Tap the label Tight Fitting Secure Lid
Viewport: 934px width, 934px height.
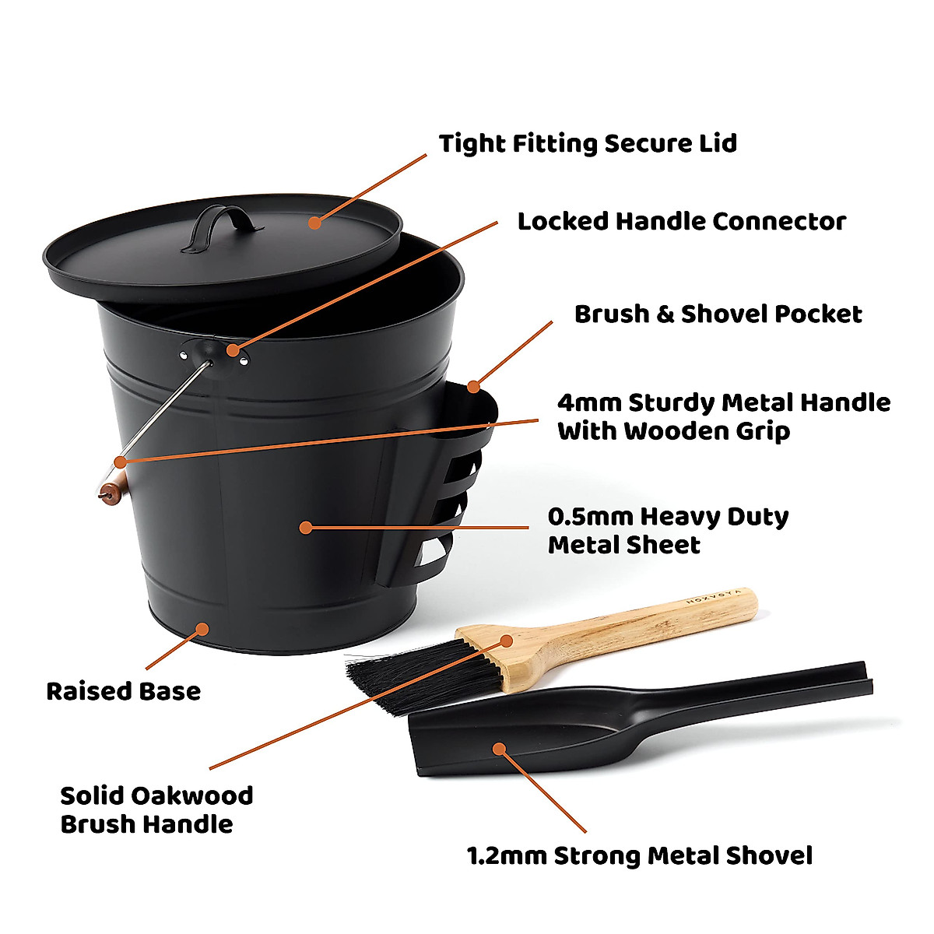588,144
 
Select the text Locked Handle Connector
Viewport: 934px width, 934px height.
681,222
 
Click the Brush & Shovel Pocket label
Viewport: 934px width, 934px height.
718,314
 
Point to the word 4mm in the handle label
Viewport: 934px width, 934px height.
588,403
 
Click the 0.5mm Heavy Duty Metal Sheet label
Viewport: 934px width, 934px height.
668,531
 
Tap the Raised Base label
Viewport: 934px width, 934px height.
123,691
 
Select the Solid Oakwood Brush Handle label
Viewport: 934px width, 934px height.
156,809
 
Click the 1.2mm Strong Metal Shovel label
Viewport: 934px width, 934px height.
639,856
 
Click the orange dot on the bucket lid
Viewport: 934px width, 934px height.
314,223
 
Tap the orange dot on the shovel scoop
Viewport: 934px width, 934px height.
499,749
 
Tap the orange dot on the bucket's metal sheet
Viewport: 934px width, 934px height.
305,528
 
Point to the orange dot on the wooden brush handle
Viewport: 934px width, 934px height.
507,641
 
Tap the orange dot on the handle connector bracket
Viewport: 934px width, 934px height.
233,349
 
